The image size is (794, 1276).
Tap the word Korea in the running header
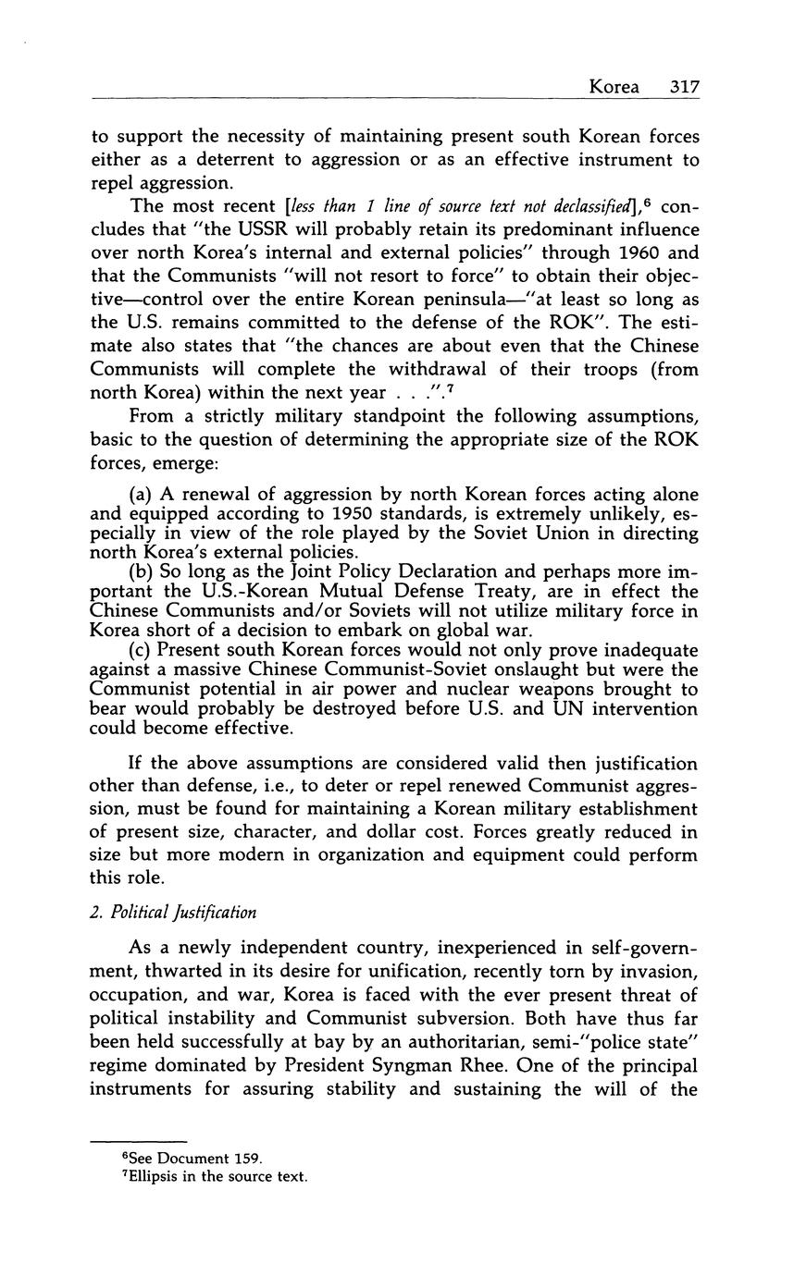(614, 87)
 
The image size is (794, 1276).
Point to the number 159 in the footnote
(249, 1159)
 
